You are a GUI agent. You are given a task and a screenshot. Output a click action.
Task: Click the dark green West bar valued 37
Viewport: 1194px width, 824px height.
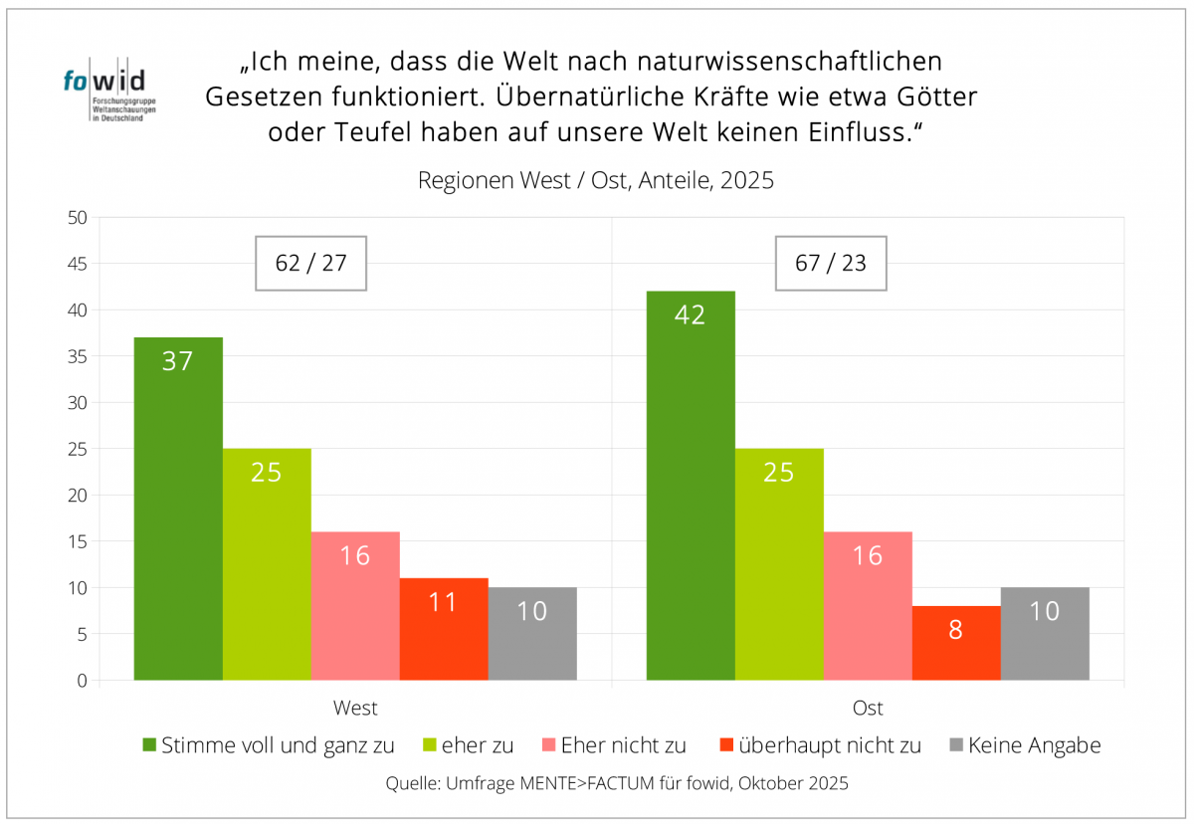tap(178, 509)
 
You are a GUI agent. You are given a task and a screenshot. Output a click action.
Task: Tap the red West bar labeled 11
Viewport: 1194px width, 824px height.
tap(444, 629)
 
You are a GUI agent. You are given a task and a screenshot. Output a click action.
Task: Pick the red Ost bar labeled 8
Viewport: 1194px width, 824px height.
tap(956, 643)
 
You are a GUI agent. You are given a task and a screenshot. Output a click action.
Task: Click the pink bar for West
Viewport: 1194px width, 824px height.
tap(355, 606)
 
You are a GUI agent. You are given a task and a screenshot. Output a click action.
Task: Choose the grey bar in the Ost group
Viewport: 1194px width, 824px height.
tap(1045, 634)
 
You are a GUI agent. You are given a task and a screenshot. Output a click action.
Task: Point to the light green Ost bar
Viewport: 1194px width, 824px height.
tap(779, 564)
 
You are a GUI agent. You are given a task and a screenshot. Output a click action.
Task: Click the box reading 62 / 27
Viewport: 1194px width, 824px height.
tap(311, 264)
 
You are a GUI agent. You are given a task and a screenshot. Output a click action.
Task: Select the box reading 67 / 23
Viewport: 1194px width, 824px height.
tap(830, 264)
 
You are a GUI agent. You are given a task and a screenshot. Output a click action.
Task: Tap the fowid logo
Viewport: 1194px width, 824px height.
tap(103, 93)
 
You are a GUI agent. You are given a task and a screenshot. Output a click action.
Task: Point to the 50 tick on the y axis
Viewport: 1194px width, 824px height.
tap(79, 218)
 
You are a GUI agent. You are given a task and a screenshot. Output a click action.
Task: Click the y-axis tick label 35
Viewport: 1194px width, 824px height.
tap(79, 356)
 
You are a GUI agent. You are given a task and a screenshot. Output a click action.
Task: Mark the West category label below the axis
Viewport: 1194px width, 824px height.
tap(355, 709)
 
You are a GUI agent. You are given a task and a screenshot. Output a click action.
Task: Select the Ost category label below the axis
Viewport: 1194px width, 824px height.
tap(868, 709)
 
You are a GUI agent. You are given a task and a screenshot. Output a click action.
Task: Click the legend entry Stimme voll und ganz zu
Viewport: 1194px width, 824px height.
tap(269, 744)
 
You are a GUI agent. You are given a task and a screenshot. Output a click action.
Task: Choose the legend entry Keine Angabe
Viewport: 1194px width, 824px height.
tap(1025, 744)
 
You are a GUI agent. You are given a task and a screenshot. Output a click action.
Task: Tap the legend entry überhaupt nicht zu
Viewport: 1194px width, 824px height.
tap(820, 744)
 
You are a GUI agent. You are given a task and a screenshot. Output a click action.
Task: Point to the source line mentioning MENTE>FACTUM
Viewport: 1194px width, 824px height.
tap(617, 783)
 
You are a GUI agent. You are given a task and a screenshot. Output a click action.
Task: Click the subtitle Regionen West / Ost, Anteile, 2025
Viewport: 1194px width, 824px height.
tap(595, 181)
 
